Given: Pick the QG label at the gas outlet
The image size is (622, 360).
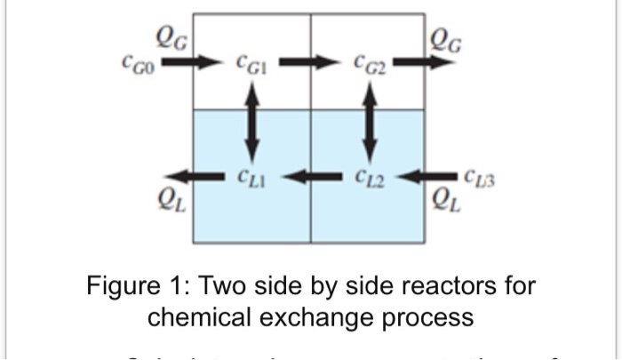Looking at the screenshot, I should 444,38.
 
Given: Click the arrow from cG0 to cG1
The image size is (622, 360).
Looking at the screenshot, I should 194,63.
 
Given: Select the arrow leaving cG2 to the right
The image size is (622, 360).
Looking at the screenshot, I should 422,63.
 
